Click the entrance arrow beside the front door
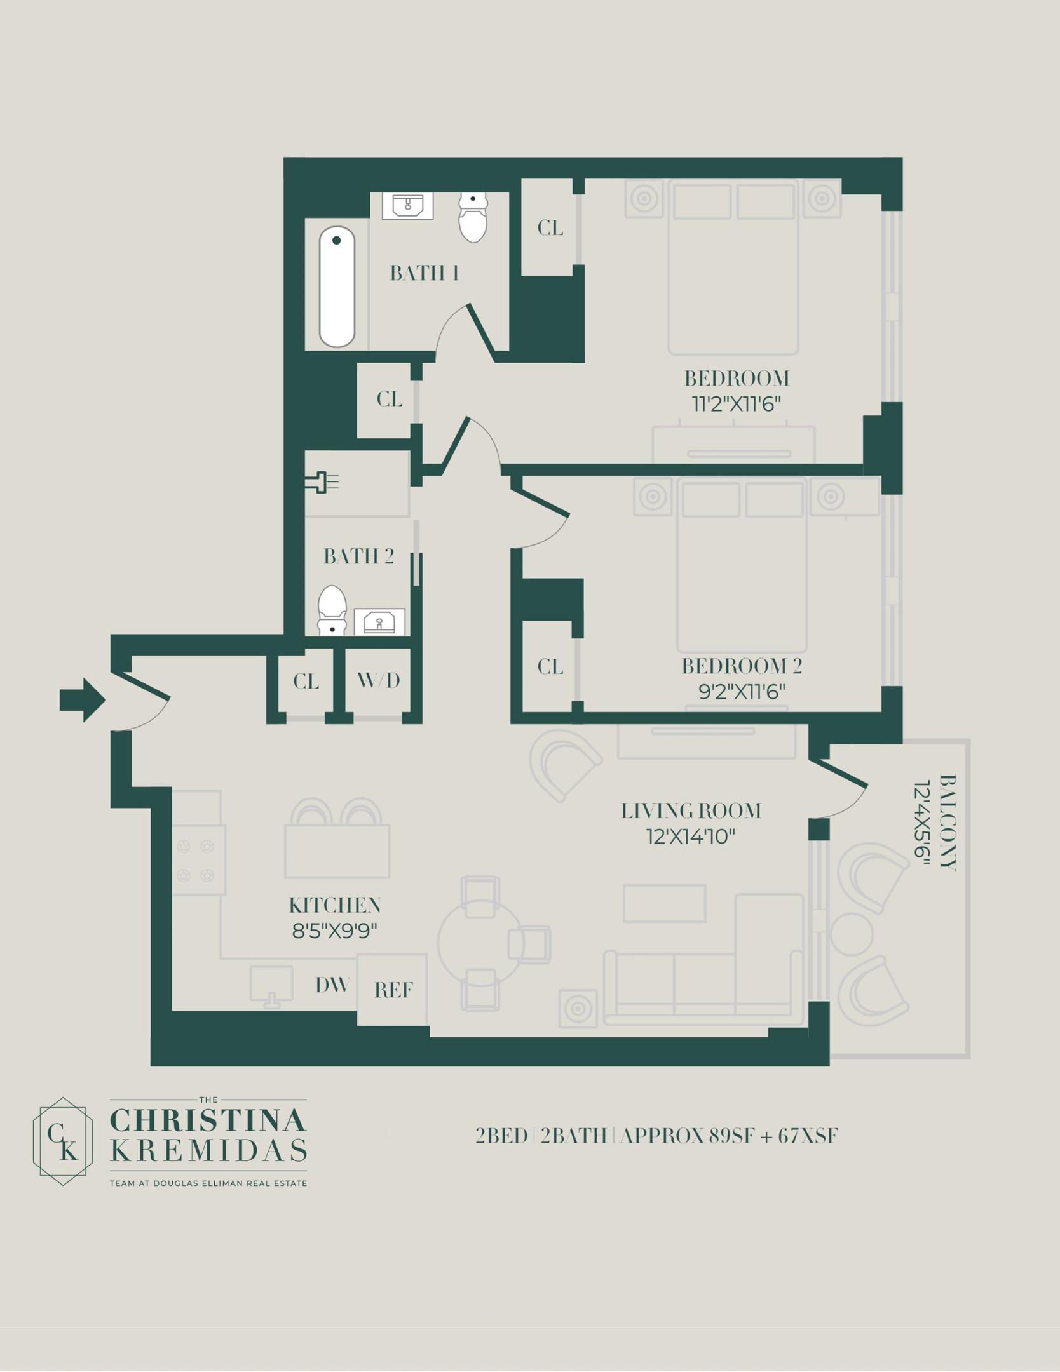pos(83,700)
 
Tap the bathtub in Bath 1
pos(337,287)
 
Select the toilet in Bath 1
pos(473,217)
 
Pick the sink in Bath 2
pos(379,622)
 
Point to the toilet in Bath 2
pos(332,610)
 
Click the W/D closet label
pos(379,681)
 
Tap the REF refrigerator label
pos(393,990)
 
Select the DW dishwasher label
pos(332,985)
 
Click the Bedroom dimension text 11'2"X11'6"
pos(736,404)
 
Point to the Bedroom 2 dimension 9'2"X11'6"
pos(742,691)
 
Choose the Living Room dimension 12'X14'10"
pos(691,837)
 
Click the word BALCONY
pos(948,822)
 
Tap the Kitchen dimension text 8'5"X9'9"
pos(335,931)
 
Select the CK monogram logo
pos(63,1141)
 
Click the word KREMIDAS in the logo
pos(208,1150)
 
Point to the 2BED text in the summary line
pos(501,1136)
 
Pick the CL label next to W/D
pos(306,682)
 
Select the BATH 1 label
pos(424,273)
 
